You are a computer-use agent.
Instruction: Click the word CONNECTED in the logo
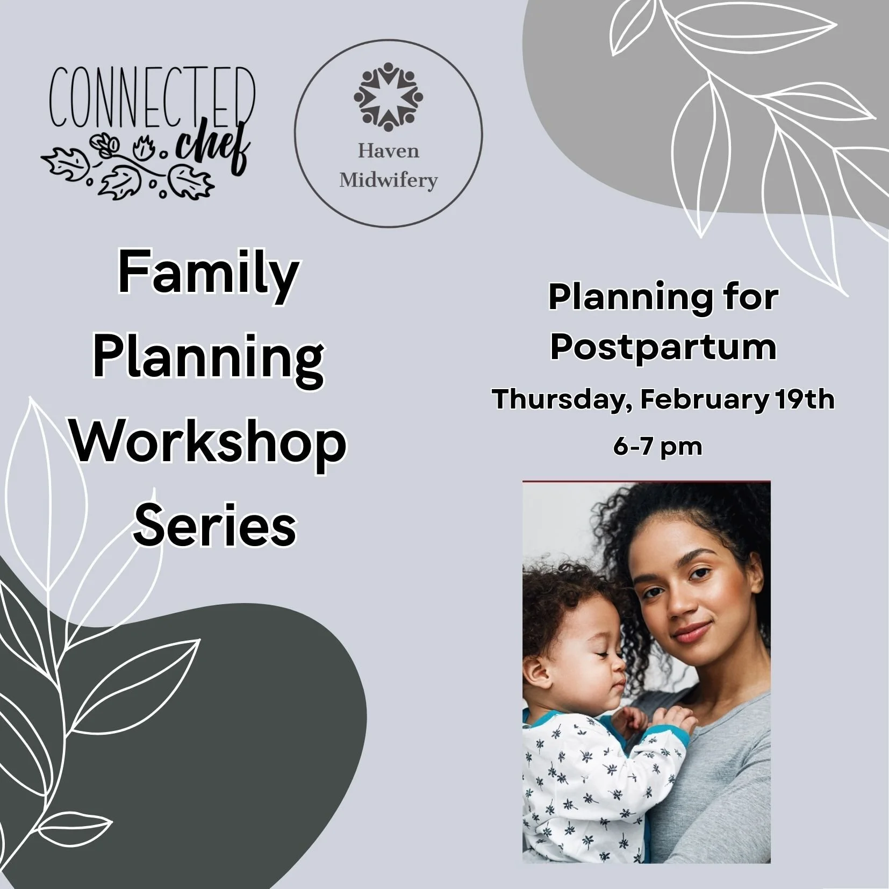tap(152, 97)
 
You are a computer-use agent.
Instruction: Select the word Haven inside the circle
tap(388, 151)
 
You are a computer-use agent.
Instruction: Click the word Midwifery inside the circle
tap(388, 180)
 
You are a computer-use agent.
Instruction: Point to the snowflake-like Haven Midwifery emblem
tap(388, 97)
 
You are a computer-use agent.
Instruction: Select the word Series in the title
tap(214, 525)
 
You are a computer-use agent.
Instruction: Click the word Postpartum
tap(663, 348)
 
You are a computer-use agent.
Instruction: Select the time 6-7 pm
tap(657, 446)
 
